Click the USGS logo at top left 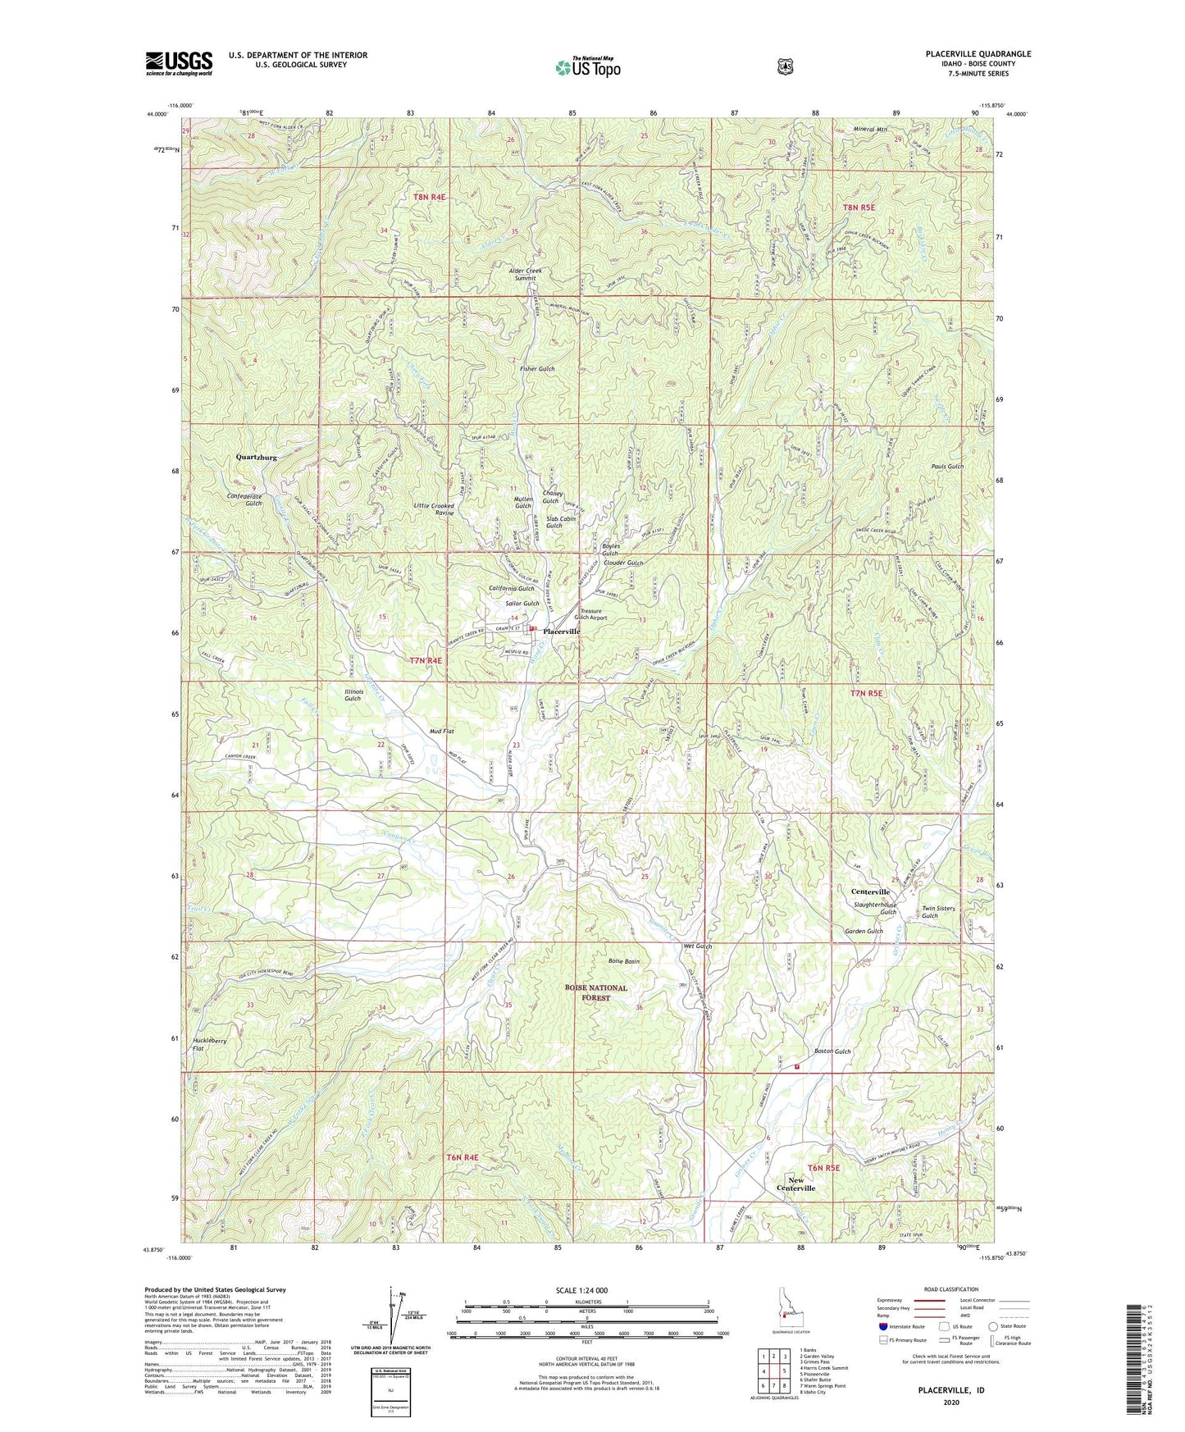(179, 62)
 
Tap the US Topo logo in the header (587, 66)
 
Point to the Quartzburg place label (256, 457)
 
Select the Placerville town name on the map (562, 632)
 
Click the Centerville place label (870, 892)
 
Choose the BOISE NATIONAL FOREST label (596, 992)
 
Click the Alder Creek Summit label (525, 274)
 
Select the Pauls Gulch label (947, 467)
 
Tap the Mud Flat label (441, 731)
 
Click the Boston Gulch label (832, 1051)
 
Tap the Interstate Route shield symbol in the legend (882, 1325)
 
